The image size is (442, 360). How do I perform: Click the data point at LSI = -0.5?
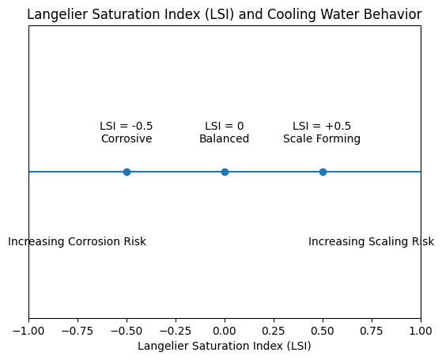127,172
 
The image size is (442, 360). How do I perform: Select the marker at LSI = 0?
225,172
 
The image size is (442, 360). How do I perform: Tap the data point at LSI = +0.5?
323,172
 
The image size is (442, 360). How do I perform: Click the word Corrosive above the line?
127,139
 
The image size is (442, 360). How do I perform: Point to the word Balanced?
225,139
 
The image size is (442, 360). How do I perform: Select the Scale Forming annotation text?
322,139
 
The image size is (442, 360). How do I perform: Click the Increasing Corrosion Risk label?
77,241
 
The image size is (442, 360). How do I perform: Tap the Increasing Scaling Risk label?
371,241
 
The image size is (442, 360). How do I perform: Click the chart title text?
225,14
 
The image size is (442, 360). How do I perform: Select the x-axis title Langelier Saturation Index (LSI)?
225,346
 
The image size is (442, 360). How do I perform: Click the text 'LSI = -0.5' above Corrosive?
127,126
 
